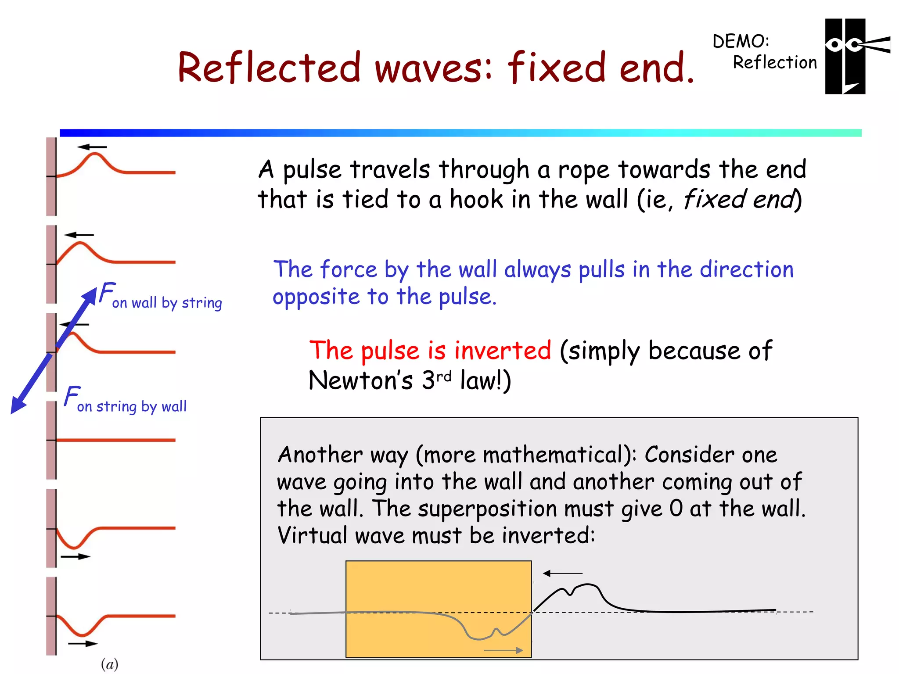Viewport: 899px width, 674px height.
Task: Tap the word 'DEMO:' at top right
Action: coord(741,42)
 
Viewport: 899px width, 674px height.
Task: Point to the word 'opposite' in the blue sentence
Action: coord(316,298)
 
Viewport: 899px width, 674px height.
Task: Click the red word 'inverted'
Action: coord(502,351)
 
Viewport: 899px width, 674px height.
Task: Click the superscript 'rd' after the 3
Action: coord(444,376)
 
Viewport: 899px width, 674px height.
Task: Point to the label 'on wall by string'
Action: coord(167,303)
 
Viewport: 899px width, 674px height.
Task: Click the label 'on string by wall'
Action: coord(132,406)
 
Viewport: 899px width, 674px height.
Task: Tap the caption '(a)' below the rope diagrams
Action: coord(109,664)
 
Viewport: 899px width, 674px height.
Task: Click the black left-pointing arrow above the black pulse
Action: coord(562,573)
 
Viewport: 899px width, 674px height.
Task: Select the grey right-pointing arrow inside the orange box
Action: coord(503,650)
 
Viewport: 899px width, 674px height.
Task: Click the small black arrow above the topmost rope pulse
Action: coord(92,147)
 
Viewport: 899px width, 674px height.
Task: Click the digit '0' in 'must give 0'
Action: coord(676,509)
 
